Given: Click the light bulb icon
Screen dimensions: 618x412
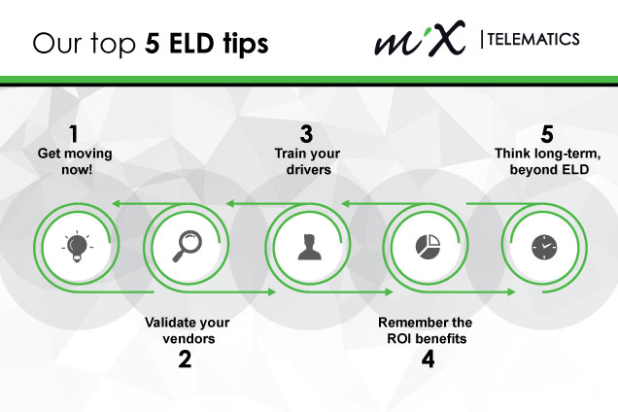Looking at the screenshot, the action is pyautogui.click(x=78, y=247).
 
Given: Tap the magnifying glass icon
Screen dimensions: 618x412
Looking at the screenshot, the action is pyautogui.click(x=188, y=246).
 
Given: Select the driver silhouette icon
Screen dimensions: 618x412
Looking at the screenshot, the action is pyautogui.click(x=309, y=247).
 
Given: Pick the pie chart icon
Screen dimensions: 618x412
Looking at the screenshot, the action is pyautogui.click(x=428, y=247).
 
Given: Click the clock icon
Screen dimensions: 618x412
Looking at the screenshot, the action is pyautogui.click(x=544, y=247).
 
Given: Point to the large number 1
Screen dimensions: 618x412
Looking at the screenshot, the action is pyautogui.click(x=73, y=134).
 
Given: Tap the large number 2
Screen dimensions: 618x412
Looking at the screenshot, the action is pyautogui.click(x=185, y=360).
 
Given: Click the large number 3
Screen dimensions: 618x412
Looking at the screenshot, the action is pyautogui.click(x=307, y=134).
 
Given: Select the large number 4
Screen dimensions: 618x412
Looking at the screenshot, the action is pyautogui.click(x=428, y=360).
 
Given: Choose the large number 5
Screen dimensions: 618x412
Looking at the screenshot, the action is pyautogui.click(x=547, y=134).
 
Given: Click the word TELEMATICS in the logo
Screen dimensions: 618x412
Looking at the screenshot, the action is pyautogui.click(x=533, y=39).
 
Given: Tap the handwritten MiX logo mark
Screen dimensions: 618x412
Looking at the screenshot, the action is pyautogui.click(x=420, y=38).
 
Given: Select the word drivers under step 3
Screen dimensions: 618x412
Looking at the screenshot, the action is pyautogui.click(x=309, y=170).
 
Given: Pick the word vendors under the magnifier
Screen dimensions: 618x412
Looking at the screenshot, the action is pyautogui.click(x=189, y=339).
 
